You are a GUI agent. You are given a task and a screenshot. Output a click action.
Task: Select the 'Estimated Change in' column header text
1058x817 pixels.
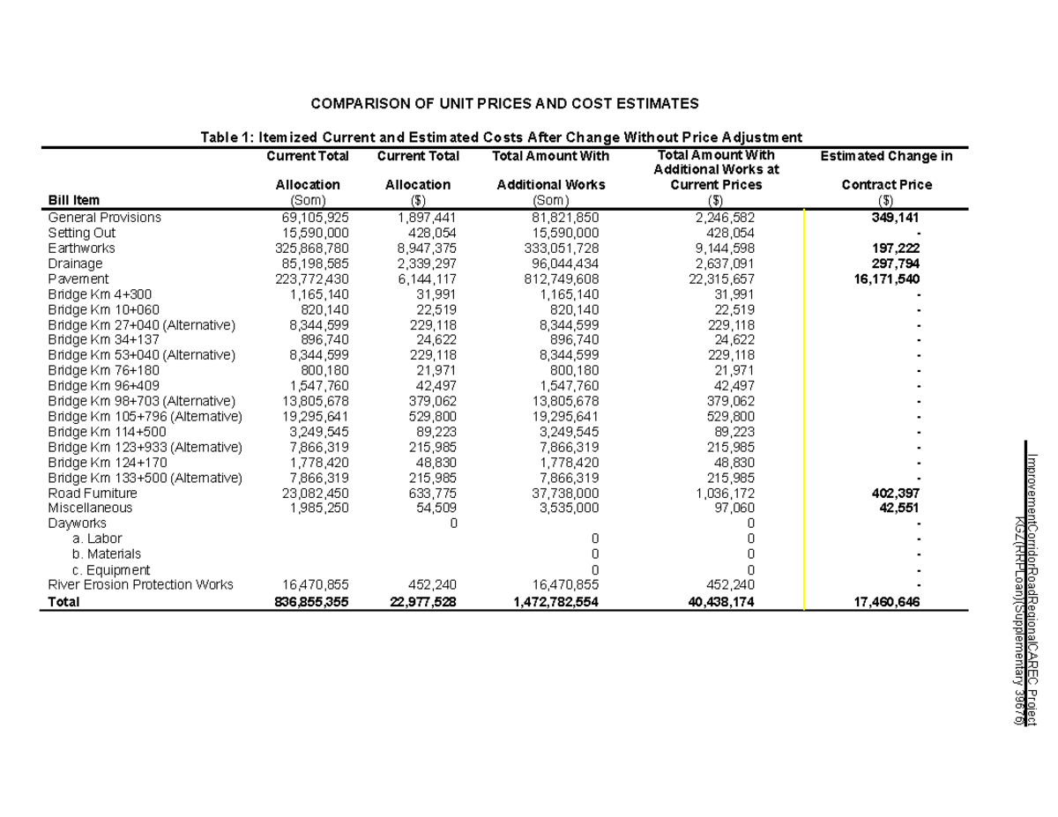(x=886, y=156)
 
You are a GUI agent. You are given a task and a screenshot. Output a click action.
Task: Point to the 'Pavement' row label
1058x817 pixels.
(x=78, y=279)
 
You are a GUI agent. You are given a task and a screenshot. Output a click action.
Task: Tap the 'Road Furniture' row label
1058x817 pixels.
(x=92, y=494)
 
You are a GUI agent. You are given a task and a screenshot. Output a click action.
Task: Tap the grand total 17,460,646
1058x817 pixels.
(x=886, y=603)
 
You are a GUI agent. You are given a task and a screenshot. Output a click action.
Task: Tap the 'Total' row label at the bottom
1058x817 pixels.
(x=63, y=603)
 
